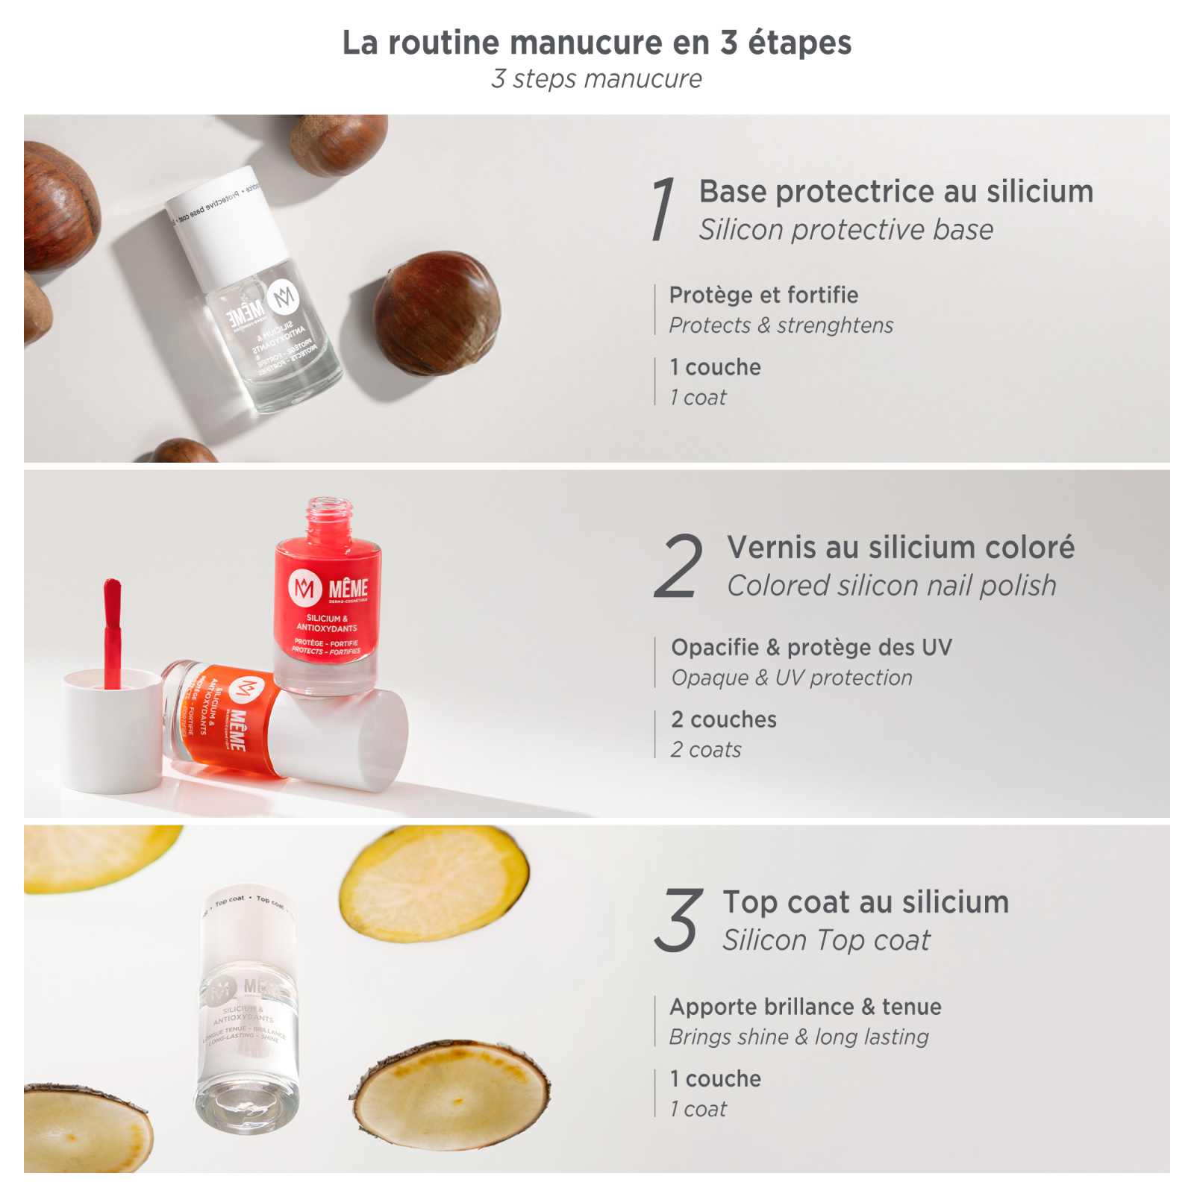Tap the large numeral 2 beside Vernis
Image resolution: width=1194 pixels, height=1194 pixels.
click(x=678, y=566)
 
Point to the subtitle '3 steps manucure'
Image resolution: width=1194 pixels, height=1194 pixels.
click(x=596, y=79)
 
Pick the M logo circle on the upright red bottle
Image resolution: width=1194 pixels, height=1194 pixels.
click(x=304, y=588)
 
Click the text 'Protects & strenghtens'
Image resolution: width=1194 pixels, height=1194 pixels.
click(x=781, y=325)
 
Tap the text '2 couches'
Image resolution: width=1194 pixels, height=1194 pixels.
click(x=723, y=719)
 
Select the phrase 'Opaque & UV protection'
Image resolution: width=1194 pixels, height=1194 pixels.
click(x=792, y=678)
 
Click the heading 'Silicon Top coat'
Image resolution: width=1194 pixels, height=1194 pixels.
click(x=826, y=940)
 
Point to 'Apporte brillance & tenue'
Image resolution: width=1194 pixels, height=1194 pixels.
click(x=805, y=1007)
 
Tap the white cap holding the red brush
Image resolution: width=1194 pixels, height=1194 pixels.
click(x=112, y=731)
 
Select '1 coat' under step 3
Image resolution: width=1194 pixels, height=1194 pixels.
click(x=698, y=1109)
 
